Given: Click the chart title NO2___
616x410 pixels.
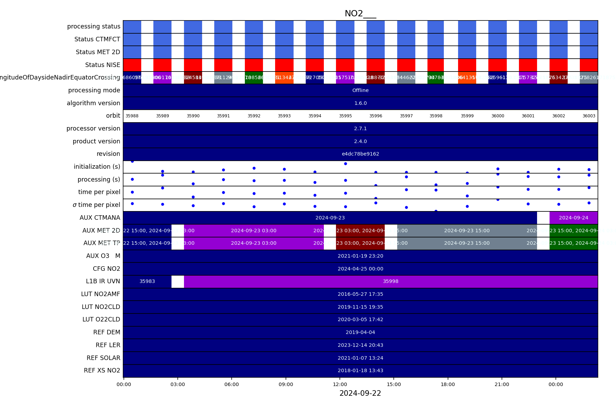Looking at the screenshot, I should tap(360, 14).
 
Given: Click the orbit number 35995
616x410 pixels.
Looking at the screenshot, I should tap(345, 116).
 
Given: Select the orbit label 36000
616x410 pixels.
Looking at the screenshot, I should tap(497, 116).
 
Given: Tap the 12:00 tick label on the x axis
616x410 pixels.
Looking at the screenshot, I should tap(340, 384).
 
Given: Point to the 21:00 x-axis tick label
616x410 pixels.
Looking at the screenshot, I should tap(502, 384).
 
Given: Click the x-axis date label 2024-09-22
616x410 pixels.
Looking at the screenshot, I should tap(360, 393).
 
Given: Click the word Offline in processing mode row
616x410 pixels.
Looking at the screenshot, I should tap(360, 90).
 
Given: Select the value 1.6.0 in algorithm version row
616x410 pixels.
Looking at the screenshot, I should tap(360, 103).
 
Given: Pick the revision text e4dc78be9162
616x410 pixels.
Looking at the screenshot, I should tap(360, 154).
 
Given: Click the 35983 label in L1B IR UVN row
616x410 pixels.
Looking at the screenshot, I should tap(147, 281).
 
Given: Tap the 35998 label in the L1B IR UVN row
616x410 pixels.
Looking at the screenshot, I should tap(391, 281).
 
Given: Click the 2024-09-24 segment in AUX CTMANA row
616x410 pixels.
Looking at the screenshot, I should tap(573, 218).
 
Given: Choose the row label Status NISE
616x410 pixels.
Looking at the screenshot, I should tap(103, 65).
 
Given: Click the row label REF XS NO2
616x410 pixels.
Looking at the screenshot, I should tap(102, 370).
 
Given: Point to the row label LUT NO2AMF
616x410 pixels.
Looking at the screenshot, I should tap(101, 294).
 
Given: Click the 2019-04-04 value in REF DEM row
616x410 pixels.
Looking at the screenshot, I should tap(360, 332).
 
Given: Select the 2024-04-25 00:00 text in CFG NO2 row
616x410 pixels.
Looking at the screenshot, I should tap(360, 269).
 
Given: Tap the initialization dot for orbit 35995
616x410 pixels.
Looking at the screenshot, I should tap(345, 164).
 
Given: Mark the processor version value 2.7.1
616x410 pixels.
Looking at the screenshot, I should tap(360, 128).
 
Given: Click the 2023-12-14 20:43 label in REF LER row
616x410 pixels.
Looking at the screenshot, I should tap(360, 345).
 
